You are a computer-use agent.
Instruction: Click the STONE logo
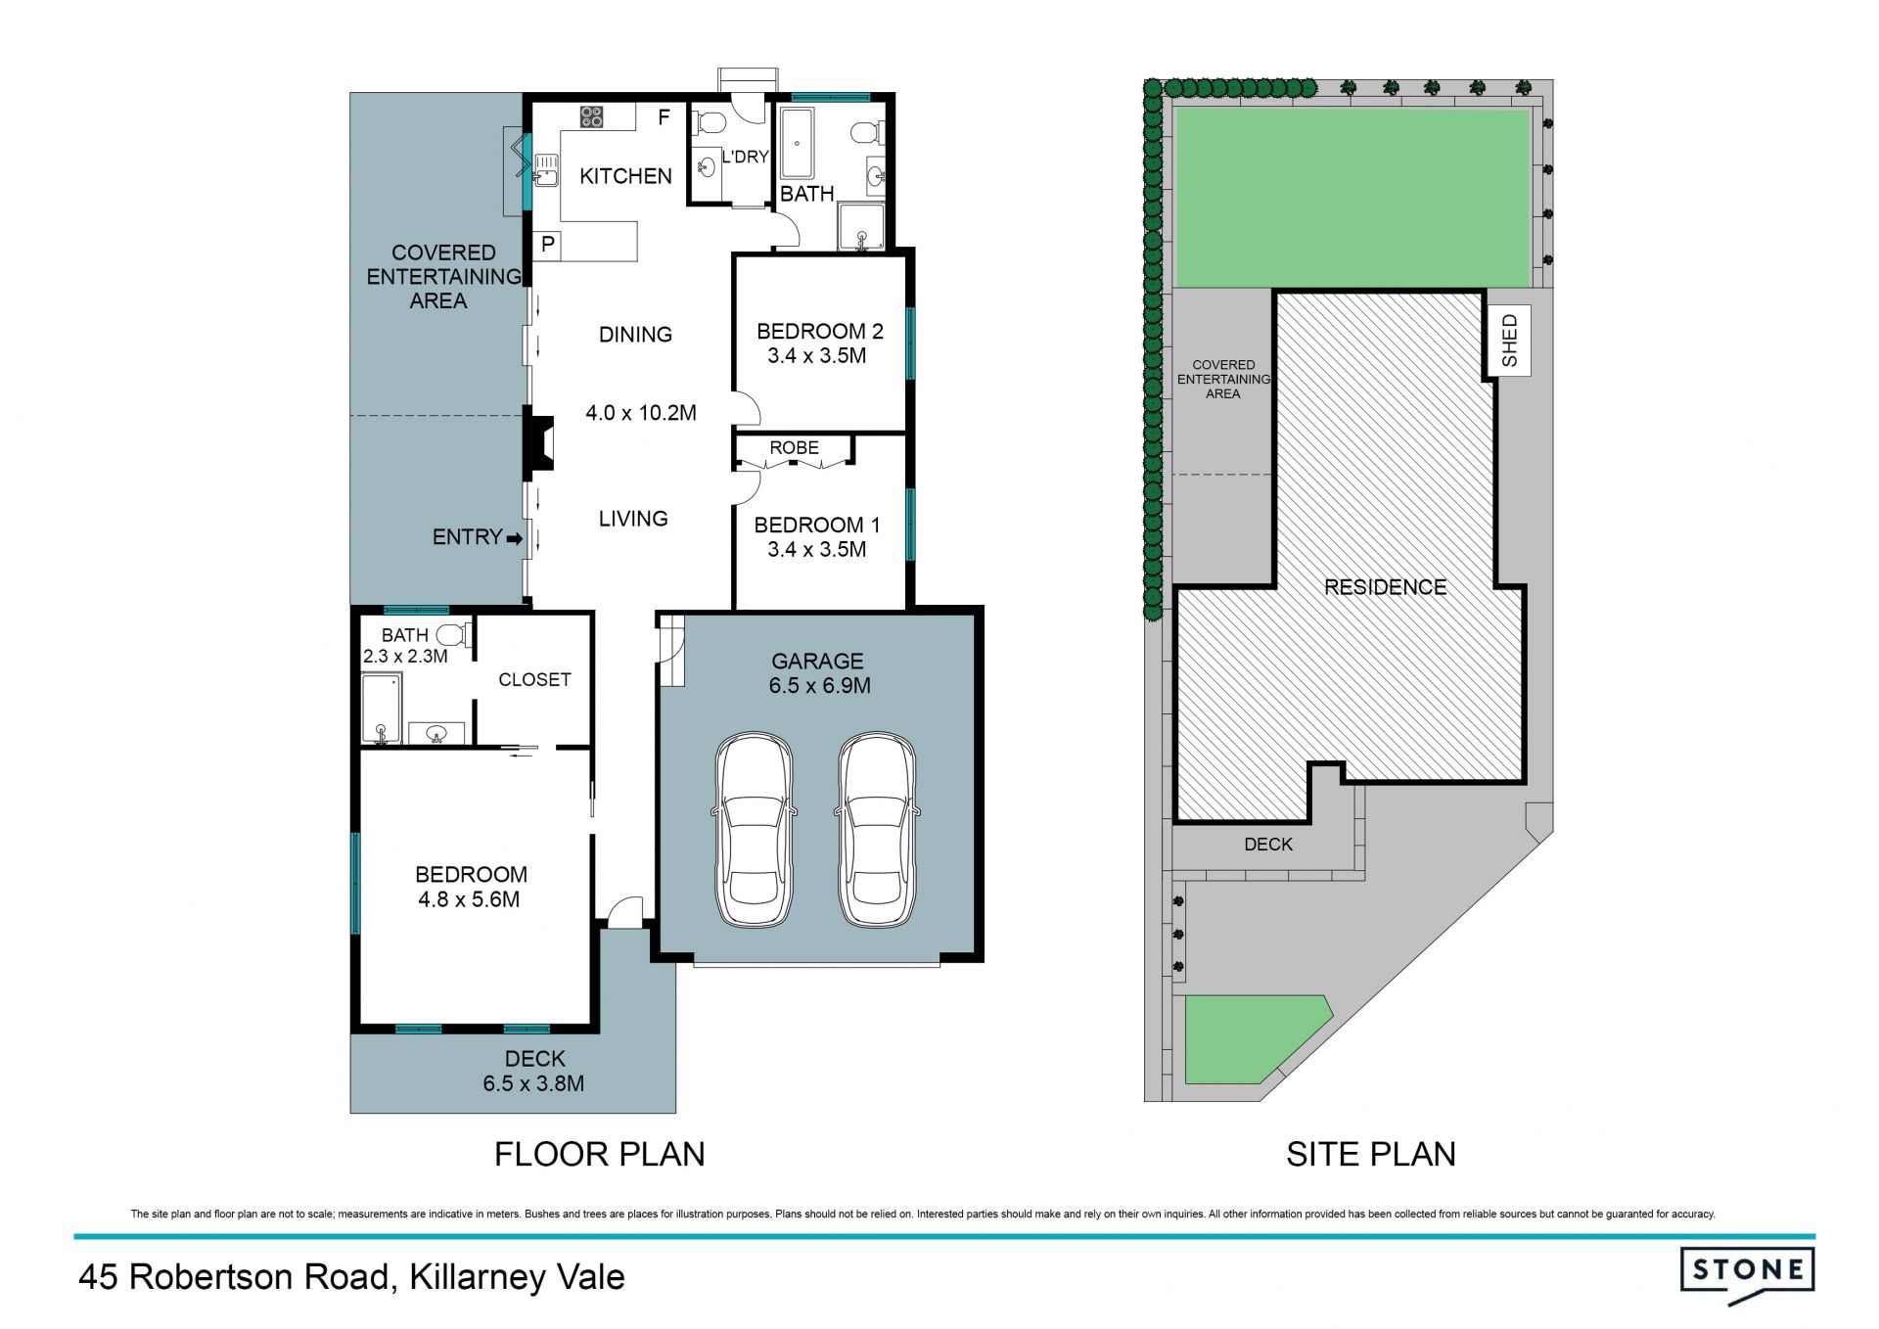(x=1747, y=1274)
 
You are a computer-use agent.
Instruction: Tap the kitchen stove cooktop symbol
(x=591, y=117)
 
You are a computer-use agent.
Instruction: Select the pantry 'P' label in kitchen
(x=548, y=245)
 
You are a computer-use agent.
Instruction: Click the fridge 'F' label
(x=664, y=117)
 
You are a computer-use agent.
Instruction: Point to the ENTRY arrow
(x=514, y=538)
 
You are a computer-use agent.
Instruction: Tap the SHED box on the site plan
(x=1508, y=341)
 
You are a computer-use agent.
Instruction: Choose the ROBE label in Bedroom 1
(x=794, y=447)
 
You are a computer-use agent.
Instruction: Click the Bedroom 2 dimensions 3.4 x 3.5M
(x=817, y=356)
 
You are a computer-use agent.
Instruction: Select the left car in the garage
(x=754, y=830)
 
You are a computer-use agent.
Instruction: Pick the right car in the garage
(x=877, y=830)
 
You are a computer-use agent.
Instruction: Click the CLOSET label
(x=534, y=679)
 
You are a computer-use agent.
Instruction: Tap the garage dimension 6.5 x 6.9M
(x=820, y=686)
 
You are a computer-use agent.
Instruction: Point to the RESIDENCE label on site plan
(x=1385, y=587)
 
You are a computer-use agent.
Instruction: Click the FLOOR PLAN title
(x=600, y=1155)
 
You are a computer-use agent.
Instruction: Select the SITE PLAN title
(x=1371, y=1155)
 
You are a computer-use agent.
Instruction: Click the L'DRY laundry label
(x=746, y=157)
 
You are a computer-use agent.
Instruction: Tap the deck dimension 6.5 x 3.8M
(x=533, y=1084)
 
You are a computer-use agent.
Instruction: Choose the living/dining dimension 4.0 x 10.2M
(x=641, y=413)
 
